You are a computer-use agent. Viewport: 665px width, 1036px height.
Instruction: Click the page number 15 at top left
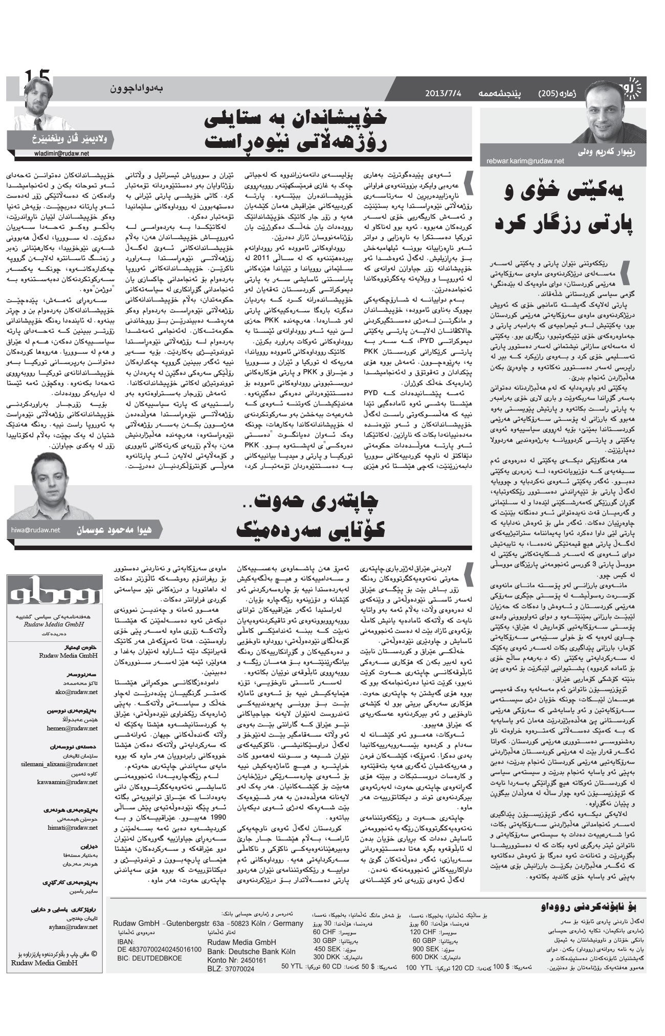point(37,79)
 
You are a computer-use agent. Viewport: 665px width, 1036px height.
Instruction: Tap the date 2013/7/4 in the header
point(442,94)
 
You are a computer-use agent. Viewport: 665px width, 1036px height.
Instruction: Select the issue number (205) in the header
point(550,94)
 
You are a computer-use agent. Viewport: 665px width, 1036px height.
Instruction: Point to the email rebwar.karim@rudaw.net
point(525,161)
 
